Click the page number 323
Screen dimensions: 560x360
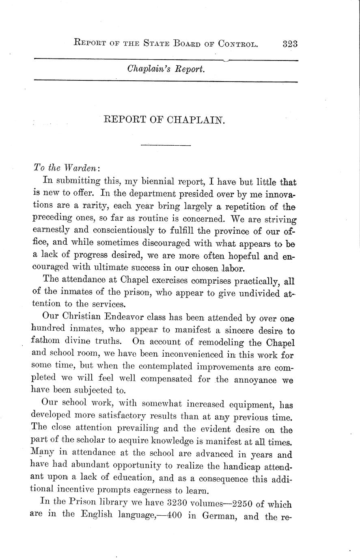[x=290, y=43]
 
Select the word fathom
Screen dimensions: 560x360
[x=45, y=343]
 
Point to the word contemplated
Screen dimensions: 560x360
[x=166, y=367]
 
